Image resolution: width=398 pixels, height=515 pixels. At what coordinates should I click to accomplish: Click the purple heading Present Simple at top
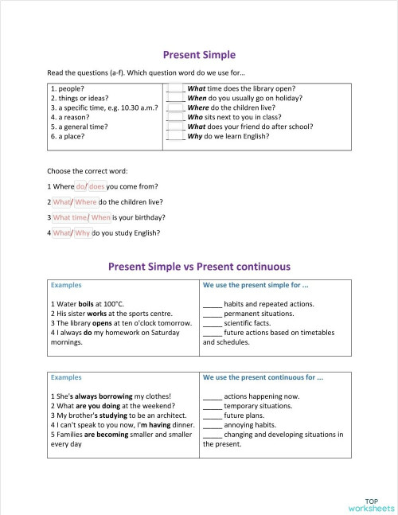(199, 55)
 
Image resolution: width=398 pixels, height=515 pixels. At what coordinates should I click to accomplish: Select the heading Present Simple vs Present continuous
(199, 267)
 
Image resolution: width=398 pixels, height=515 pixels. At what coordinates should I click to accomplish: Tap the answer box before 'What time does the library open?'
(176, 88)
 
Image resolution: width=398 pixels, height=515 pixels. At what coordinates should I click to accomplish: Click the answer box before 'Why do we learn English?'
(176, 136)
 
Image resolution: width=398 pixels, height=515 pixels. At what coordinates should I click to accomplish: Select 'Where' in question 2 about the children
(86, 201)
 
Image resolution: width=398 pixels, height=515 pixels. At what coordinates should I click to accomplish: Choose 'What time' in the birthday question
(69, 217)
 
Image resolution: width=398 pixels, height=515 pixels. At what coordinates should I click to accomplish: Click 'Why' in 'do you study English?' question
(82, 232)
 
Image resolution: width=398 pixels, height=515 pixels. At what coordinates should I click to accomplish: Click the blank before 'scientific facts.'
(212, 322)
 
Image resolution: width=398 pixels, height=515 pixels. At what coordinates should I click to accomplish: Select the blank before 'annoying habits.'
(212, 425)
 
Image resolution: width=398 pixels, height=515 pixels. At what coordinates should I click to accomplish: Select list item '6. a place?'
(68, 136)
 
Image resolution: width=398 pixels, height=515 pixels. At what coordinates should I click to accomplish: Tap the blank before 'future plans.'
(212, 416)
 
